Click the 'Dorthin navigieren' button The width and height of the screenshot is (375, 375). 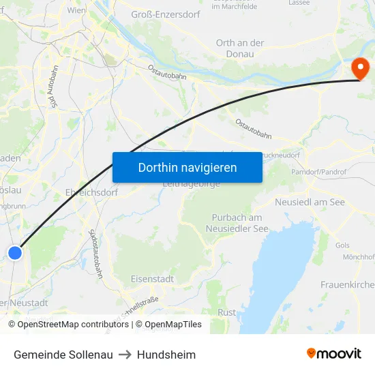click(x=187, y=167)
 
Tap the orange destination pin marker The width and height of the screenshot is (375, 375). click(x=359, y=68)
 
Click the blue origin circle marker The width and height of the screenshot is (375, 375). click(x=15, y=253)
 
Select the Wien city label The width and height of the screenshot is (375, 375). click(x=76, y=11)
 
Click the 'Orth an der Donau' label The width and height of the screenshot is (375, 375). click(x=240, y=48)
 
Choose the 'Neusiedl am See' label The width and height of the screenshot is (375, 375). click(x=310, y=202)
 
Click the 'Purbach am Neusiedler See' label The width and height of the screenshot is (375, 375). click(x=237, y=223)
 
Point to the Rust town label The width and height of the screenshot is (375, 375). click(x=227, y=312)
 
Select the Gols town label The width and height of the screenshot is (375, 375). click(x=342, y=245)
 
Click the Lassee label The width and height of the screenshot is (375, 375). click(x=299, y=3)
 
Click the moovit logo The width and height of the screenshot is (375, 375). click(x=334, y=354)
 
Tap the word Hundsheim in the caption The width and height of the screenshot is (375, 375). click(x=166, y=355)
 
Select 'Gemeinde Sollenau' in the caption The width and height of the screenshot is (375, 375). click(x=63, y=355)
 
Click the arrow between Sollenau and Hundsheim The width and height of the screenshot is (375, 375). click(x=125, y=355)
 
